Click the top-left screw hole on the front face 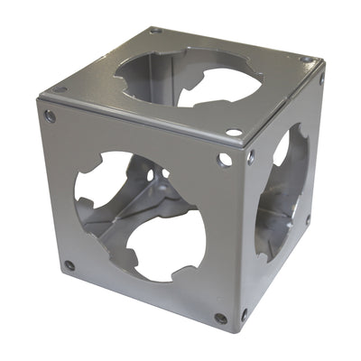click(50, 116)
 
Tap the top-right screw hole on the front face click(224, 160)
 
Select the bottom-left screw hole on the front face click(69, 265)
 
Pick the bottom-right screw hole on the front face click(221, 318)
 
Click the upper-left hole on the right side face click(250, 155)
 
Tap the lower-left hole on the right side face click(244, 315)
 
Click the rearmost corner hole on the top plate click(155, 30)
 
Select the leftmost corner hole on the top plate click(60, 89)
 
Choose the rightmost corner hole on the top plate click(308, 60)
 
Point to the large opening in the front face click(140, 212)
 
